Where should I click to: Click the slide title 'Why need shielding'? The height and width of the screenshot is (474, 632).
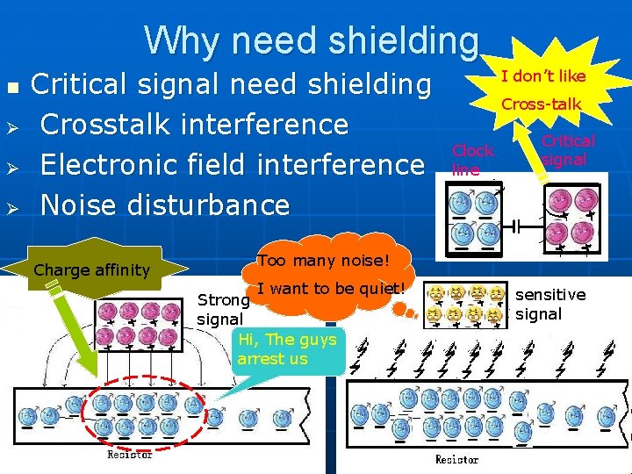click(312, 40)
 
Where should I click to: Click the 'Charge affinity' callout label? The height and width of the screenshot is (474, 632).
click(91, 270)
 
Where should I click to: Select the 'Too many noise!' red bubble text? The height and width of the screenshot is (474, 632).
click(322, 260)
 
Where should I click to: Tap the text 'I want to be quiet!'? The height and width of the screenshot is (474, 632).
click(332, 288)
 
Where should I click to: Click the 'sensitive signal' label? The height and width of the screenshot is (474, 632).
click(549, 304)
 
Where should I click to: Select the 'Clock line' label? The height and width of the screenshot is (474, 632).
click(472, 160)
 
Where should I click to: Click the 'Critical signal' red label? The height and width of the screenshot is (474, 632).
click(567, 150)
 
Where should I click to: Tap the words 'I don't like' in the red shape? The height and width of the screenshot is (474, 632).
click(542, 75)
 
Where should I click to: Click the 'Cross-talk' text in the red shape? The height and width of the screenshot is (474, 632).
click(541, 104)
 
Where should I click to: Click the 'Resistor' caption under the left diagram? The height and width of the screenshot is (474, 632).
click(129, 454)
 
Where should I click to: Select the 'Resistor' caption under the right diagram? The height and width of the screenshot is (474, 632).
click(456, 459)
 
